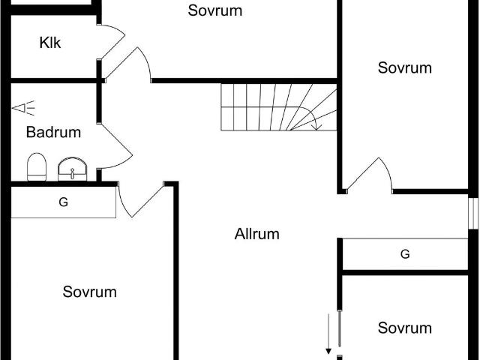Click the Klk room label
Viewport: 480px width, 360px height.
click(50, 43)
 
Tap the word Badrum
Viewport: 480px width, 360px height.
click(53, 132)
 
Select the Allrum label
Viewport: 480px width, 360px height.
click(256, 234)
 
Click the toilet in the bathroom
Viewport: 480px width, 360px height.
click(37, 166)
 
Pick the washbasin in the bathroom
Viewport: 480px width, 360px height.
click(72, 169)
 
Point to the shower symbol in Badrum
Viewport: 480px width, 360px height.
click(23, 108)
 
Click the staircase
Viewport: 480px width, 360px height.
click(279, 107)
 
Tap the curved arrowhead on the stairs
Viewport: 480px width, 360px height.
click(317, 127)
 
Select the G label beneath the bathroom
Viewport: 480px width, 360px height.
click(63, 202)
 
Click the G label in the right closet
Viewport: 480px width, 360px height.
click(405, 254)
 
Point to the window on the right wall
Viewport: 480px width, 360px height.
click(473, 213)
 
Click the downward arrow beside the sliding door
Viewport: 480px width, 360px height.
click(328, 334)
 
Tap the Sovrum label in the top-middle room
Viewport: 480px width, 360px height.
click(215, 10)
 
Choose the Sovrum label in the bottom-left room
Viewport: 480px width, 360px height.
click(90, 292)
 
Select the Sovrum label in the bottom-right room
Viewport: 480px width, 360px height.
click(405, 328)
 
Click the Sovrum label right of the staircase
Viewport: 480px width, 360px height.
click(405, 67)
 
